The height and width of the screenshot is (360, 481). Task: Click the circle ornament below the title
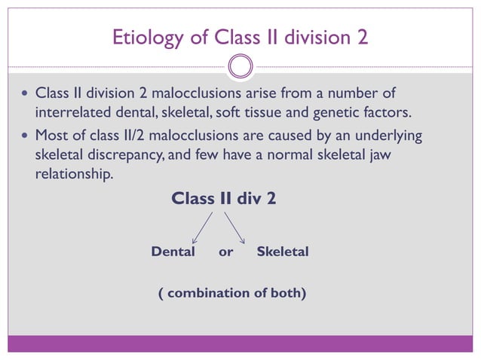[240, 66]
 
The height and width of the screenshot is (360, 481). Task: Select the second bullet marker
[26, 137]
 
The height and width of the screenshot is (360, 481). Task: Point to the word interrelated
[71, 113]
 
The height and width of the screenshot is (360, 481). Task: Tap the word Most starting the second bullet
[51, 136]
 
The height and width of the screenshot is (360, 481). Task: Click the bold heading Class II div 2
[223, 199]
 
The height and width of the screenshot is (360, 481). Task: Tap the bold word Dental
[173, 252]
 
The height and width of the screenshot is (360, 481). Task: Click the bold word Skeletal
[283, 252]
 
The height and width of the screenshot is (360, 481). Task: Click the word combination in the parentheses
[202, 293]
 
